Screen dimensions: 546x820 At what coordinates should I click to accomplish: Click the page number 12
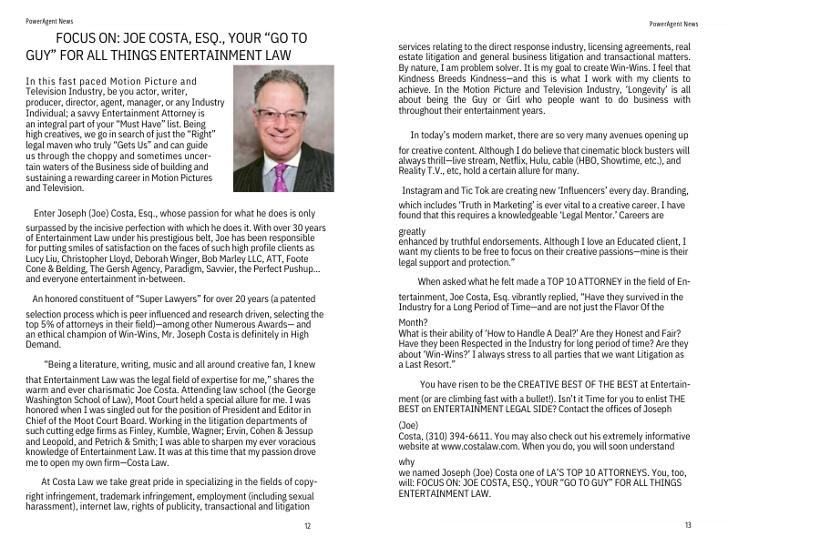[x=307, y=527]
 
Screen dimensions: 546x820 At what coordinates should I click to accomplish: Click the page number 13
[x=688, y=526]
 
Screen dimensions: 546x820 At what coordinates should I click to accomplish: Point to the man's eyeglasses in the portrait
[x=280, y=116]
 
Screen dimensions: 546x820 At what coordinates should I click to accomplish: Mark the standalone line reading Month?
[x=414, y=323]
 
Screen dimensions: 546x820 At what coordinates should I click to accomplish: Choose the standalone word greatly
[x=412, y=232]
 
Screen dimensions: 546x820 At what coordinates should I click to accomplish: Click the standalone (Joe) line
[x=409, y=425]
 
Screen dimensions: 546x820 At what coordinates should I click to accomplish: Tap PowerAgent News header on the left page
[x=50, y=19]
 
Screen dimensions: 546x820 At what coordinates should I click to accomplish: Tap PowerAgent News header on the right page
[x=674, y=24]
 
